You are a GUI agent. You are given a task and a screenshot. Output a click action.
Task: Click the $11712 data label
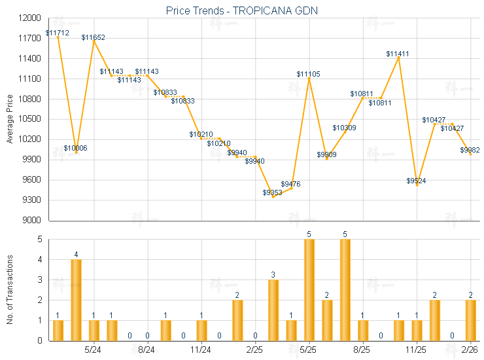(x=58, y=33)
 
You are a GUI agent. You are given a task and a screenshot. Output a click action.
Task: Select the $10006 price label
(x=76, y=148)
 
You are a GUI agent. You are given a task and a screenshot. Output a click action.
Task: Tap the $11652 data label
(x=94, y=38)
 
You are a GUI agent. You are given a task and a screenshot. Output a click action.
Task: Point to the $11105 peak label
(x=309, y=74)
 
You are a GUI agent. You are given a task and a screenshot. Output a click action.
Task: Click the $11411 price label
(x=398, y=54)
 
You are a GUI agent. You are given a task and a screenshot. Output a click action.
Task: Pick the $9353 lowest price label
(x=273, y=192)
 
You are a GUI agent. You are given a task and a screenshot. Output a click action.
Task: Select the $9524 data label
(x=416, y=181)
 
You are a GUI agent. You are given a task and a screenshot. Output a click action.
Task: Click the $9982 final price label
(x=470, y=150)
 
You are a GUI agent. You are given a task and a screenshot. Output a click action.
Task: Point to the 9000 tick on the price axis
(x=33, y=221)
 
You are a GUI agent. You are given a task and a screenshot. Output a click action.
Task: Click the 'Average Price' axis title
(x=9, y=119)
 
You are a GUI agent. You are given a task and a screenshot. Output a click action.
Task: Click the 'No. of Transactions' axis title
(x=9, y=289)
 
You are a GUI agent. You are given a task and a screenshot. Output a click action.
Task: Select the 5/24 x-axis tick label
(x=94, y=350)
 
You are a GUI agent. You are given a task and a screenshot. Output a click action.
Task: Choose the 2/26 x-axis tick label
(x=470, y=350)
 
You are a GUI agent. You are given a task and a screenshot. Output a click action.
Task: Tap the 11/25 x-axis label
(x=416, y=350)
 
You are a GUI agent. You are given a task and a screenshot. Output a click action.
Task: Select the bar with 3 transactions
(x=273, y=310)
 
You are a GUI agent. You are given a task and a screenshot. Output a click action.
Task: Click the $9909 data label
(x=326, y=154)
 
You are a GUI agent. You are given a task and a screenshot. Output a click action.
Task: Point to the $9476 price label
(x=290, y=184)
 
